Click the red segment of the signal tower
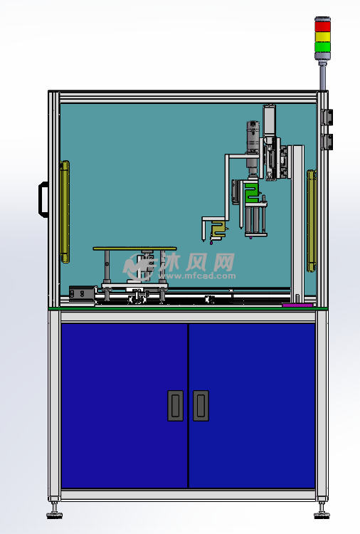pyautogui.click(x=322, y=26)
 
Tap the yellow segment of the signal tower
pyautogui.click(x=322, y=37)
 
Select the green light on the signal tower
pyautogui.click(x=322, y=47)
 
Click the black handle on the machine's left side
pyautogui.click(x=43, y=199)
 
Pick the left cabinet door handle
pyautogui.click(x=175, y=406)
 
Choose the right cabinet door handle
pyautogui.click(x=201, y=406)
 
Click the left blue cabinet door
pyautogui.click(x=125, y=406)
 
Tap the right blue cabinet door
pyautogui.click(x=252, y=406)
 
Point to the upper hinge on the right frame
pyautogui.click(x=327, y=117)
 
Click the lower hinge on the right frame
pyautogui.click(x=327, y=142)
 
